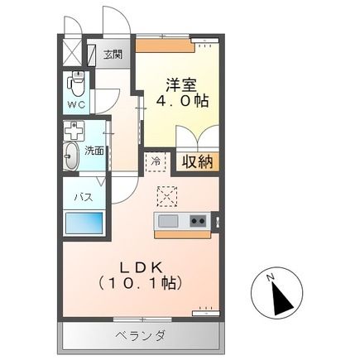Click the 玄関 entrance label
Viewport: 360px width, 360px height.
(112, 55)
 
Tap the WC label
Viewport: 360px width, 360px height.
(76, 106)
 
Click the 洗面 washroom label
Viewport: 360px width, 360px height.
(95, 150)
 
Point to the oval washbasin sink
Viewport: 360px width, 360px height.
(72, 156)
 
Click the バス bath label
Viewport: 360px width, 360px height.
(84, 197)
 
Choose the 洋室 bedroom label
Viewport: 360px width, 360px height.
(180, 84)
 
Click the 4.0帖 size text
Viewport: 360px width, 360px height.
(180, 101)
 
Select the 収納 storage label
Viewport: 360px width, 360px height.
(198, 161)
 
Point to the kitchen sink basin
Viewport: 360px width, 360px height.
(168, 221)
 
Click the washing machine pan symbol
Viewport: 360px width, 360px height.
(74, 131)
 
